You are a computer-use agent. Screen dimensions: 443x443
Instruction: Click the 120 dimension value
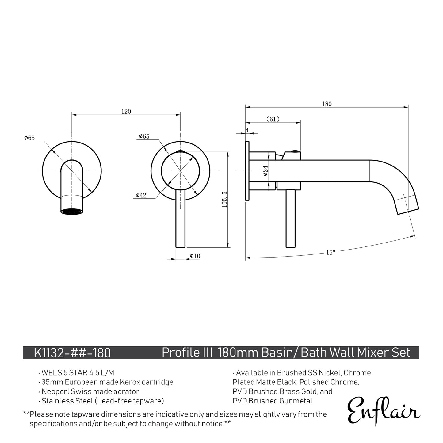coord(126,112)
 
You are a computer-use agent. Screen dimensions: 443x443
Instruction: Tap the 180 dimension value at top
coord(327,104)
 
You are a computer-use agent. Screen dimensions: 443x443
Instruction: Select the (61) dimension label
coord(273,119)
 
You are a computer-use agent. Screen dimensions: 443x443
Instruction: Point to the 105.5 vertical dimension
coord(224,199)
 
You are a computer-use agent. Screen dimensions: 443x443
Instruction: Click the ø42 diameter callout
coord(141,195)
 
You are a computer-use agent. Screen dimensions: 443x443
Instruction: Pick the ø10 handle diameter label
coord(195,256)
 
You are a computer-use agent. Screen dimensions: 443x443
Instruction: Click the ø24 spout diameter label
coord(265,170)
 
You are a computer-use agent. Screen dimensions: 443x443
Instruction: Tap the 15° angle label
coord(330,253)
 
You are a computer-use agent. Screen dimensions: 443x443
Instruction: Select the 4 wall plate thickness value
coord(247,130)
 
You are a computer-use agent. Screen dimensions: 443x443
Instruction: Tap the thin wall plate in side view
coord(247,171)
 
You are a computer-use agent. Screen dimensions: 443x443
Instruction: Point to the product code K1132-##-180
coord(72,353)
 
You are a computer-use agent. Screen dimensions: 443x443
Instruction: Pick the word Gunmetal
coord(296,401)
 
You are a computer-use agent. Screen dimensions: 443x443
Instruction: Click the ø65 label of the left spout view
coord(30,138)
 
